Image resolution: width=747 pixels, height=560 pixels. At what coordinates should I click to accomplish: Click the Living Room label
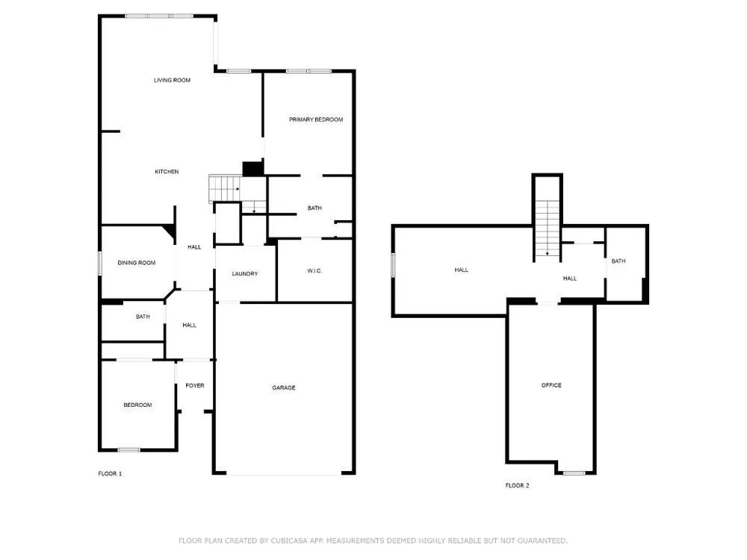[x=172, y=80]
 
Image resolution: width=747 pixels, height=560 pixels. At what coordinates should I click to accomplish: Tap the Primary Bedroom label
[x=316, y=119]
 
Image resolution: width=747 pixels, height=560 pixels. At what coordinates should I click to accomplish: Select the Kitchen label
[x=167, y=172]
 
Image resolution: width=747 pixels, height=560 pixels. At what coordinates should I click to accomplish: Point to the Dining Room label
[x=136, y=262]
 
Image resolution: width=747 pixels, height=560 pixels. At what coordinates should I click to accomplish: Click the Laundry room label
[x=245, y=274]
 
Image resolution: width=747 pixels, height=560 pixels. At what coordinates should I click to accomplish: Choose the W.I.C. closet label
[x=314, y=271]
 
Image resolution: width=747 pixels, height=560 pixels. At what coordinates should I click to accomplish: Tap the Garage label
[x=283, y=388]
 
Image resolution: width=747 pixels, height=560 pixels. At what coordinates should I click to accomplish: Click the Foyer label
[x=195, y=386]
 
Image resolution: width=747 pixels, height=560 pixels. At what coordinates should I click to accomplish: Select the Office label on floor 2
[x=551, y=385]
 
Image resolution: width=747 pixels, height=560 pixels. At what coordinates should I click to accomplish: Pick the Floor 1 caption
[x=110, y=473]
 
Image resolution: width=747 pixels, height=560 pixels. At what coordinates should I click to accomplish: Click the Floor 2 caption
[x=518, y=485]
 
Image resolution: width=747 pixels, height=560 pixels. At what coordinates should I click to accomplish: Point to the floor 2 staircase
[x=548, y=228]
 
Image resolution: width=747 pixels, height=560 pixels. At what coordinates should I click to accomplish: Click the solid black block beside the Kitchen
[x=253, y=169]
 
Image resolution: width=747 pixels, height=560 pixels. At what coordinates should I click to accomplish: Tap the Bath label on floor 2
[x=619, y=261]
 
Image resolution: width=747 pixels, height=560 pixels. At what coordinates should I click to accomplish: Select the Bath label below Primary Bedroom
[x=314, y=208]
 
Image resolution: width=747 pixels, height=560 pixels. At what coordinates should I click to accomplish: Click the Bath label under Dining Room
[x=143, y=317]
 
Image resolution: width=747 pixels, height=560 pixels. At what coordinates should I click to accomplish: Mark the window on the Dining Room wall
[x=100, y=263]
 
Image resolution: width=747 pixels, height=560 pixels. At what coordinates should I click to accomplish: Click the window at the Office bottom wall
[x=574, y=473]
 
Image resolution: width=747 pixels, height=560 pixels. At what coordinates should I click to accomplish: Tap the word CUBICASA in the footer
[x=288, y=541]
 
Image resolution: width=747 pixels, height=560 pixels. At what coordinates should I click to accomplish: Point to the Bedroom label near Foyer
[x=137, y=405]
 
